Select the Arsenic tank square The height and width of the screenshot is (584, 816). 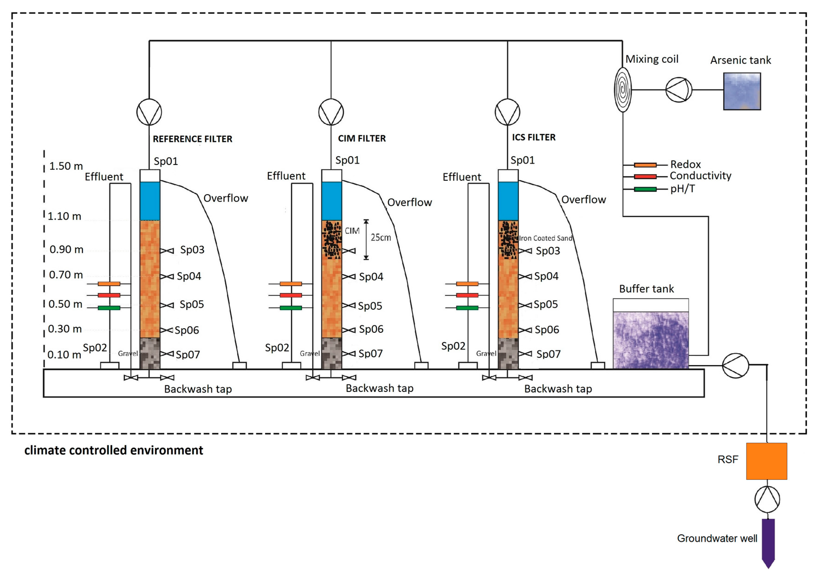(742, 91)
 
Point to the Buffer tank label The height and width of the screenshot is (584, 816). (646, 289)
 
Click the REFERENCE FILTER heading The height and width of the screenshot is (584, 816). (193, 139)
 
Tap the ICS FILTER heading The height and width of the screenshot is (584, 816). (533, 137)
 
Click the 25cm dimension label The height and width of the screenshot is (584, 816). (380, 237)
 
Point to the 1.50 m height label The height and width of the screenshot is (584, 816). (66, 166)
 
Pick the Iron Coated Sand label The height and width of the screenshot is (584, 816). (546, 238)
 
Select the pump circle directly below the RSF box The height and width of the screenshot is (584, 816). (767, 499)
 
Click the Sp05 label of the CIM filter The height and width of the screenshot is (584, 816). (370, 306)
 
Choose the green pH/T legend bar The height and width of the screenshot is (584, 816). (645, 189)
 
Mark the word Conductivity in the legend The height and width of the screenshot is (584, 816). (700, 176)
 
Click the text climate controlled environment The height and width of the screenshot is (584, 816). (114, 450)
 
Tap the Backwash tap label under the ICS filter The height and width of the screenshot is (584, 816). (558, 389)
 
